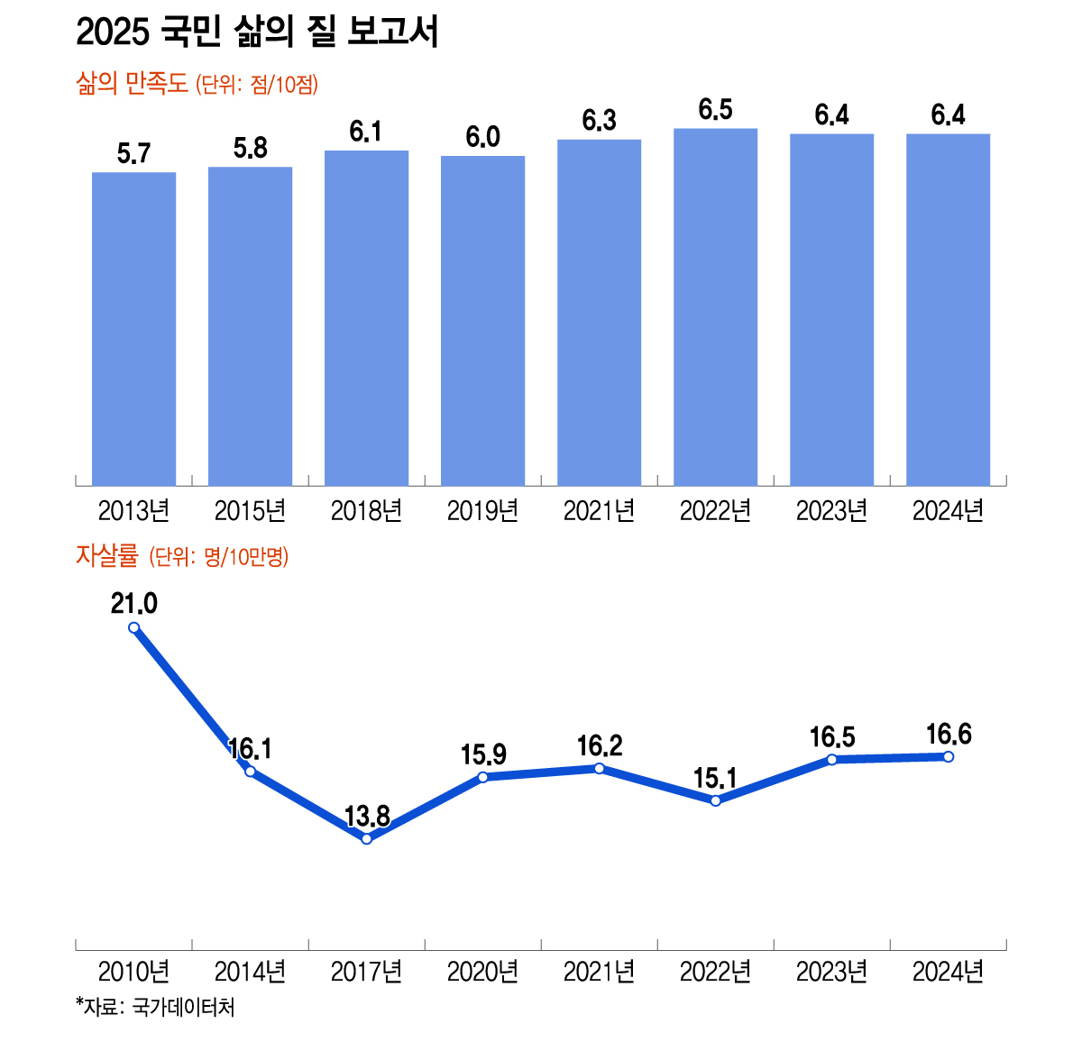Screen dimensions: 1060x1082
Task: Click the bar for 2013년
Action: (x=133, y=329)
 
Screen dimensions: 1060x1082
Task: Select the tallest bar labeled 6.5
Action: (x=715, y=307)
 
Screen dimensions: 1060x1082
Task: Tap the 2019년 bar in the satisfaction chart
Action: (x=482, y=321)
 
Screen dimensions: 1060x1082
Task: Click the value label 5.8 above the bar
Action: (x=250, y=149)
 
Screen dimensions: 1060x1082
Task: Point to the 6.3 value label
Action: (x=599, y=121)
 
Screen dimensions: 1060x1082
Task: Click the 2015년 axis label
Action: (x=250, y=511)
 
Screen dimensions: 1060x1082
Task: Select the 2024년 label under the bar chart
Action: (x=948, y=511)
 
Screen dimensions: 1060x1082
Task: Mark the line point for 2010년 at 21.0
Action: (x=133, y=628)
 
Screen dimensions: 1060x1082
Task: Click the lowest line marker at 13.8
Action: (x=366, y=839)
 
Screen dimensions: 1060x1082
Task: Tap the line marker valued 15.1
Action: (x=715, y=800)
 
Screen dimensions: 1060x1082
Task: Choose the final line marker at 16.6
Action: (x=948, y=756)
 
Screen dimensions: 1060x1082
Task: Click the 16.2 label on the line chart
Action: (x=600, y=746)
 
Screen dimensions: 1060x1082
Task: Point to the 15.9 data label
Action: (x=483, y=754)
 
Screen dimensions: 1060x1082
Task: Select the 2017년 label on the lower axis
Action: (x=366, y=972)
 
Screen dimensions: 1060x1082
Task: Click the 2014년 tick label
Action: (x=250, y=972)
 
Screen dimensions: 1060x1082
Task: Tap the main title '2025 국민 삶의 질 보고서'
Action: (x=257, y=33)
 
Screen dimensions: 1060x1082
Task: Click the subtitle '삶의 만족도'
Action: (x=132, y=85)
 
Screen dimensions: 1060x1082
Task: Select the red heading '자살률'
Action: (x=105, y=556)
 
